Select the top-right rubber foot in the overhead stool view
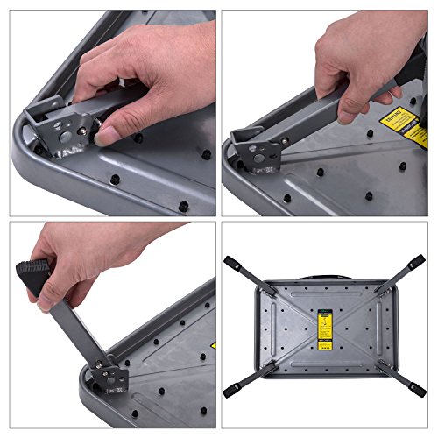click(x=414, y=263)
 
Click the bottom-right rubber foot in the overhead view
click(x=418, y=387)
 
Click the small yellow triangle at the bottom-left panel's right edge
click(x=213, y=346)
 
